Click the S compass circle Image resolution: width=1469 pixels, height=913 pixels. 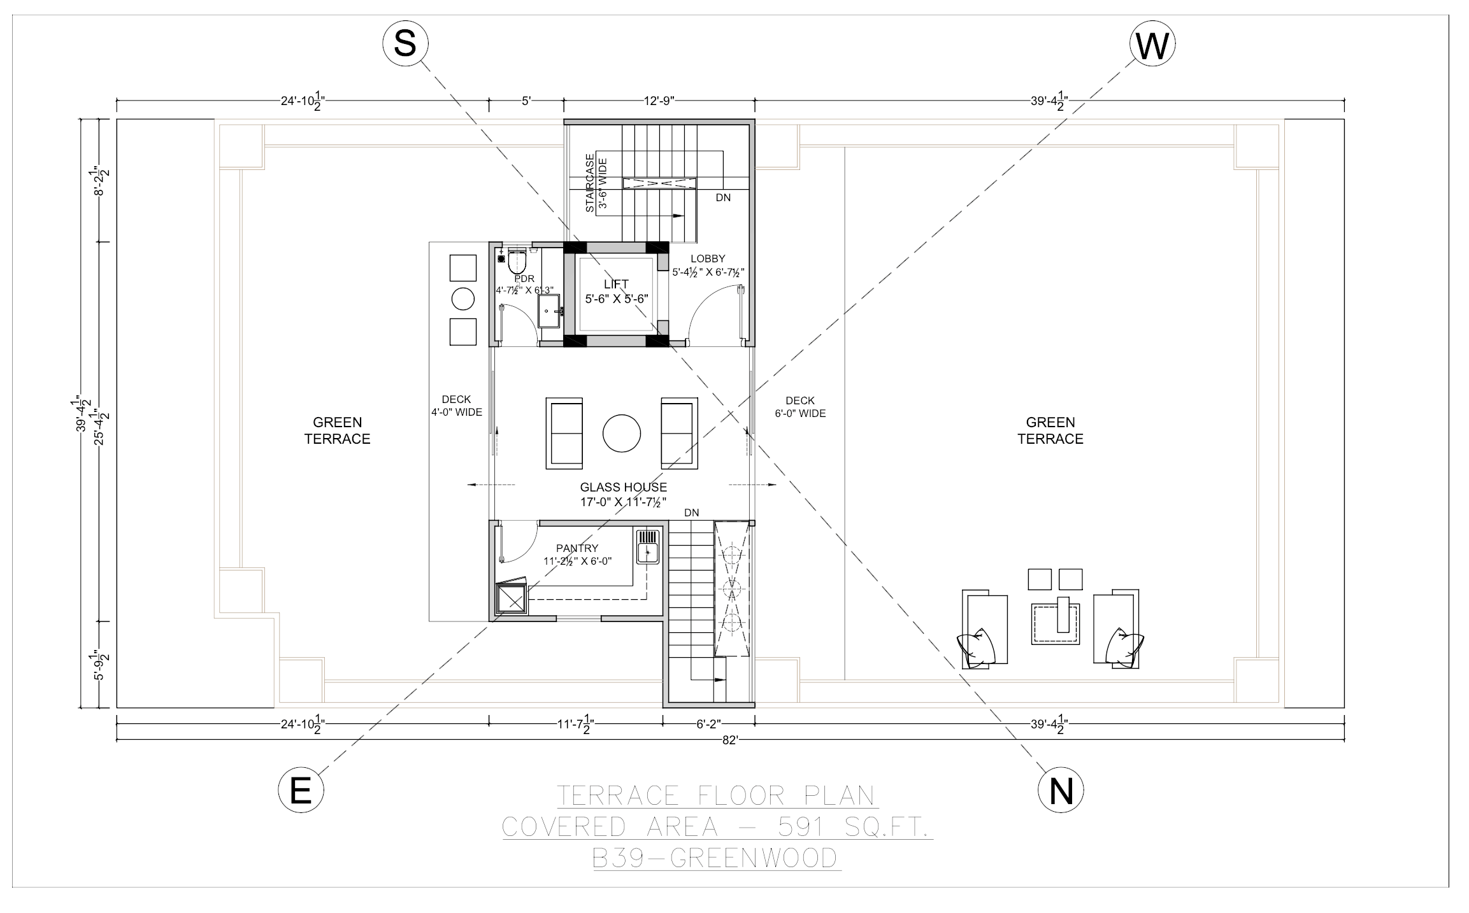pyautogui.click(x=405, y=44)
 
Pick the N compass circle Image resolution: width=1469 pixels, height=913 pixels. pyautogui.click(x=1061, y=791)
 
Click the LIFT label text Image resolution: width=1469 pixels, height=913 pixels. pyautogui.click(x=616, y=284)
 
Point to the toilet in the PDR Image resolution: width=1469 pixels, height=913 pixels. pyautogui.click(x=517, y=261)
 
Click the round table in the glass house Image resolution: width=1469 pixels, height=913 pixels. pyautogui.click(x=622, y=434)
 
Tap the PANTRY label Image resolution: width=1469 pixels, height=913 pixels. pyautogui.click(x=577, y=548)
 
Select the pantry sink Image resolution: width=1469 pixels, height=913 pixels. pyautogui.click(x=647, y=546)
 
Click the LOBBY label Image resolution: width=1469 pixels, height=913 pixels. pyautogui.click(x=708, y=258)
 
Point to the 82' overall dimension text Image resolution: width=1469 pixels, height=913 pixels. pyautogui.click(x=730, y=740)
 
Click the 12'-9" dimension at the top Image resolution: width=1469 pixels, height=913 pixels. pyautogui.click(x=659, y=101)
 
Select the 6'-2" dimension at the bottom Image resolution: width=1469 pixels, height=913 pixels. pyautogui.click(x=708, y=723)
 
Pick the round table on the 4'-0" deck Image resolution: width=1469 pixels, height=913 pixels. pyautogui.click(x=463, y=299)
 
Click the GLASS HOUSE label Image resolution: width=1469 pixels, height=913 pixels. pyautogui.click(x=623, y=487)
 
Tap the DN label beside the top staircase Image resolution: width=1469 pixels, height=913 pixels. pyautogui.click(x=722, y=197)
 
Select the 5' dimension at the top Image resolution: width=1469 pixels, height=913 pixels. pyautogui.click(x=526, y=101)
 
